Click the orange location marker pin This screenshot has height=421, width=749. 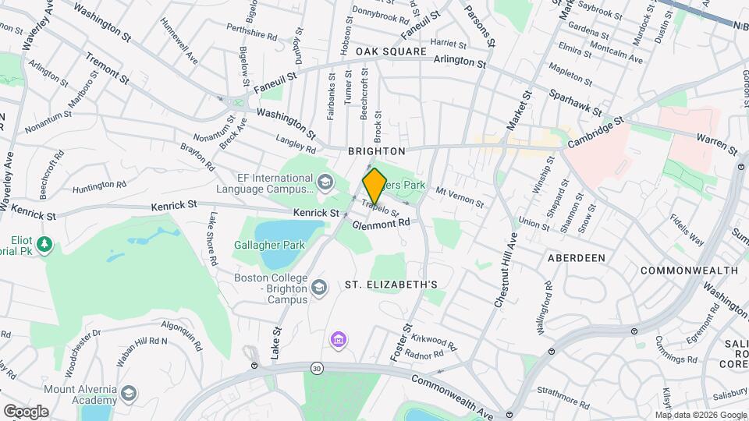[x=374, y=186]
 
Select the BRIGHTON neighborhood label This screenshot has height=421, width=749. [x=376, y=150]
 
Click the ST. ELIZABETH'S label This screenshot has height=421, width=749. [x=391, y=285]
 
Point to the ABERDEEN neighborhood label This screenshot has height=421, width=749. [x=577, y=257]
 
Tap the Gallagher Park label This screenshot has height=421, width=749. [x=269, y=245]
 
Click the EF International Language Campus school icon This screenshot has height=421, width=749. [x=324, y=183]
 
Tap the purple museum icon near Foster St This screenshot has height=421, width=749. [x=339, y=339]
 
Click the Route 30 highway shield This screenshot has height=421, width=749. [x=316, y=366]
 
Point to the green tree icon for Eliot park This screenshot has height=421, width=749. [x=46, y=245]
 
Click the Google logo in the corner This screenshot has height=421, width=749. [x=25, y=411]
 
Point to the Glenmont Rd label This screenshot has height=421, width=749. [x=381, y=223]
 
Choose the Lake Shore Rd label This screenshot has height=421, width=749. [x=211, y=239]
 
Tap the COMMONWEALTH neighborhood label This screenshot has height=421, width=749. [x=688, y=271]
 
